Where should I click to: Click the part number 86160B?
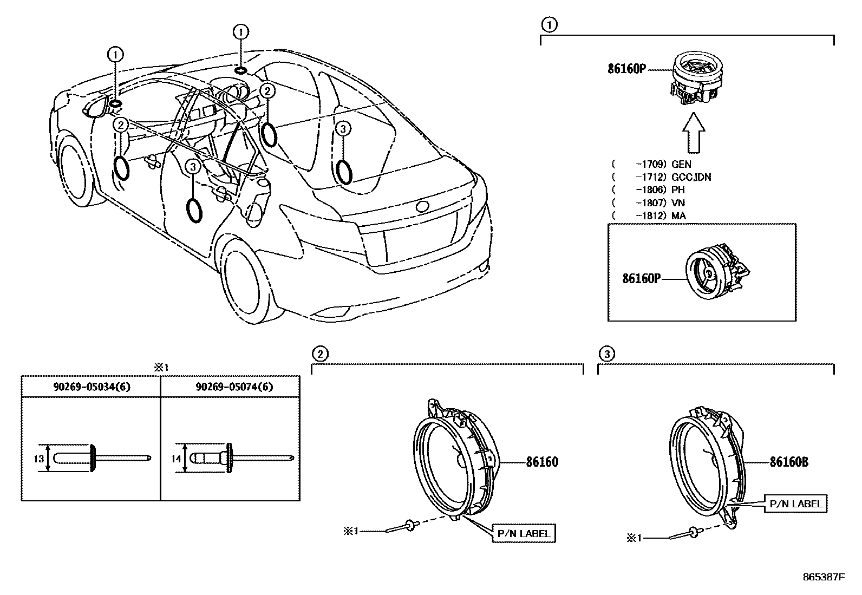pos(789,462)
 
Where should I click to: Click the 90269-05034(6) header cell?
pos(92,387)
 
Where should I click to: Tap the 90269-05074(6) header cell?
pos(231,387)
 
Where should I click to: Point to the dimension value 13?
pos(38,459)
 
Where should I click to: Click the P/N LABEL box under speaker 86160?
pos(523,533)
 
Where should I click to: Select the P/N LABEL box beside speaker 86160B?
pos(795,504)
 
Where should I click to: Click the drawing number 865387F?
pos(824,577)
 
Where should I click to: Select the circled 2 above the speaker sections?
pos(319,354)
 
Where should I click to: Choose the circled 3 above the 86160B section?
pos(606,354)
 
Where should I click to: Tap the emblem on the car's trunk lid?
pos(422,206)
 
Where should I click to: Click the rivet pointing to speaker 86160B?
pos(684,535)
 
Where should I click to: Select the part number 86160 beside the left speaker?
pos(542,462)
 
